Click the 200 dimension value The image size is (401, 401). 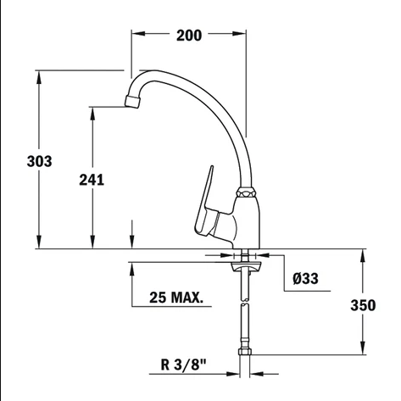[189, 36]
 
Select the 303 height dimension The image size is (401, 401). [39, 161]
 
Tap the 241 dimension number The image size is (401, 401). [92, 180]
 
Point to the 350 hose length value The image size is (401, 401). [363, 305]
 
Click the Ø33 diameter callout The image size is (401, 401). [305, 279]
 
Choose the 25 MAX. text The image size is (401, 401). [176, 298]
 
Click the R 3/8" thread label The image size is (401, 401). [184, 365]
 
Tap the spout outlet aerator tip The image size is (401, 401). [132, 101]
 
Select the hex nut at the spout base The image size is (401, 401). [246, 192]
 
